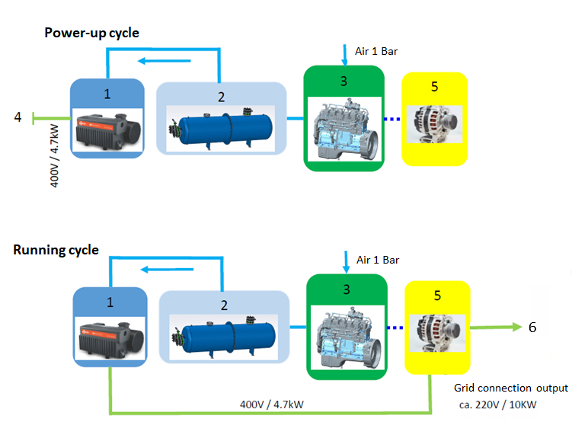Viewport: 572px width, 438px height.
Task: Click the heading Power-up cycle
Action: click(x=91, y=33)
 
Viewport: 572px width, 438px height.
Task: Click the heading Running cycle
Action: click(x=56, y=250)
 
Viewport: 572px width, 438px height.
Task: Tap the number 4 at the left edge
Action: click(x=17, y=117)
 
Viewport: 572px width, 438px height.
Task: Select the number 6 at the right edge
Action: click(x=532, y=327)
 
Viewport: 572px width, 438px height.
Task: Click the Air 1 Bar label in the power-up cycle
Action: click(x=376, y=52)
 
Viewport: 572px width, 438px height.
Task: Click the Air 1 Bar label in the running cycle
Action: click(x=378, y=260)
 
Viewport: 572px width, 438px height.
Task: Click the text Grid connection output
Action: click(x=510, y=388)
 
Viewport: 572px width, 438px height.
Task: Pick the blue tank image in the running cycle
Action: click(x=224, y=336)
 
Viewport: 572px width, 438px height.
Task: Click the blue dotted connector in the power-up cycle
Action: click(x=390, y=119)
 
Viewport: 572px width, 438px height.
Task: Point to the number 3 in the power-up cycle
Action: click(x=344, y=78)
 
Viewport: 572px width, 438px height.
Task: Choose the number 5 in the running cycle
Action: click(x=436, y=293)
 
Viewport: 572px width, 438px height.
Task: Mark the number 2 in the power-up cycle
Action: click(x=221, y=97)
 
